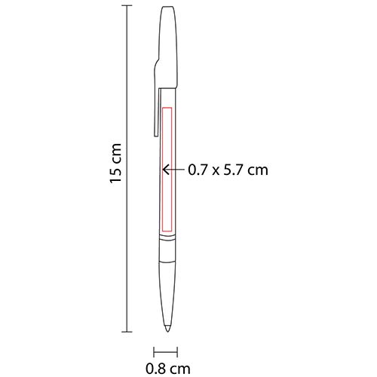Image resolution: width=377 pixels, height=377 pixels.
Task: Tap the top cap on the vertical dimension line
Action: pyautogui.click(x=126, y=7)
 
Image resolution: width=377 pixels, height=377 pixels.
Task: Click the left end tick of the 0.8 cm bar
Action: pyautogui.click(x=155, y=351)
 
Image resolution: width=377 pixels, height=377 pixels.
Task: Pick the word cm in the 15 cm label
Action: pyautogui.click(x=115, y=155)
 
